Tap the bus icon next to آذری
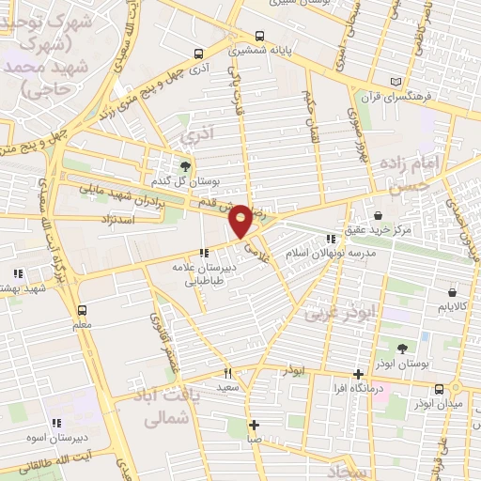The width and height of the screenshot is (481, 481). [198, 54]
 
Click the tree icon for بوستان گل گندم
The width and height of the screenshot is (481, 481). [185, 165]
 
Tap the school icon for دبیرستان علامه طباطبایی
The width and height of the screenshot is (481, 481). [204, 252]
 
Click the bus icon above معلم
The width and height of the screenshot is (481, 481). [82, 310]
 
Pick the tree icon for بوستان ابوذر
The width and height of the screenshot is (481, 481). [401, 348]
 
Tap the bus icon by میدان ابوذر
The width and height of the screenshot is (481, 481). [439, 389]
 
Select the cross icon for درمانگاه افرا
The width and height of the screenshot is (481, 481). [357, 374]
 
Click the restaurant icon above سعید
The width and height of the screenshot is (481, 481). [227, 374]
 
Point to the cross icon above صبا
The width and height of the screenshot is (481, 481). [254, 425]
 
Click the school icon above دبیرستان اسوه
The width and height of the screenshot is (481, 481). [55, 424]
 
